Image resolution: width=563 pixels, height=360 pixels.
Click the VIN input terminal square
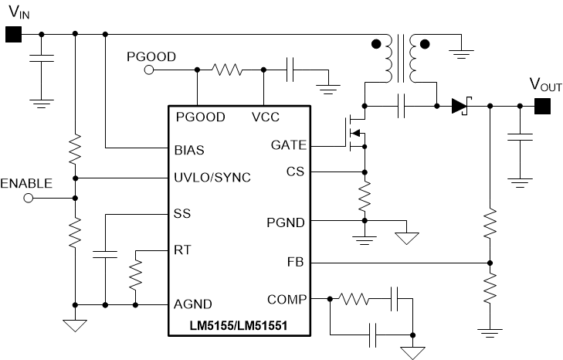click(x=13, y=34)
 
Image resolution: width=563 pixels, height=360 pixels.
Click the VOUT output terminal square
click(x=542, y=106)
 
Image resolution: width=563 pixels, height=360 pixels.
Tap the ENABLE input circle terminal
click(x=30, y=198)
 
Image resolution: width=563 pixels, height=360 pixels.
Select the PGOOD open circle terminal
click(x=149, y=70)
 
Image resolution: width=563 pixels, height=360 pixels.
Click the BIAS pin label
click(x=190, y=147)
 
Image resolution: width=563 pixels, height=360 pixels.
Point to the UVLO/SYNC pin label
click(x=213, y=178)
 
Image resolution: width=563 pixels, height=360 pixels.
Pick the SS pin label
click(x=183, y=213)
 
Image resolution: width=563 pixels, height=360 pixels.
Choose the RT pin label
click(x=183, y=250)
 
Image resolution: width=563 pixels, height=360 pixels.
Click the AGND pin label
click(x=193, y=304)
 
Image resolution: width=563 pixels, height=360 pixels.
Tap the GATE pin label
click(x=289, y=144)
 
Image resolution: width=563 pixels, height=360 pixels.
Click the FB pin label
click(x=297, y=263)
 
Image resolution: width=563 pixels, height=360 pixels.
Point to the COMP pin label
click(x=287, y=299)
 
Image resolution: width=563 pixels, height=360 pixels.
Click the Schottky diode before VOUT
click(x=461, y=105)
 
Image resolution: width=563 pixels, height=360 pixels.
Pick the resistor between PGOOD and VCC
click(x=228, y=70)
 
